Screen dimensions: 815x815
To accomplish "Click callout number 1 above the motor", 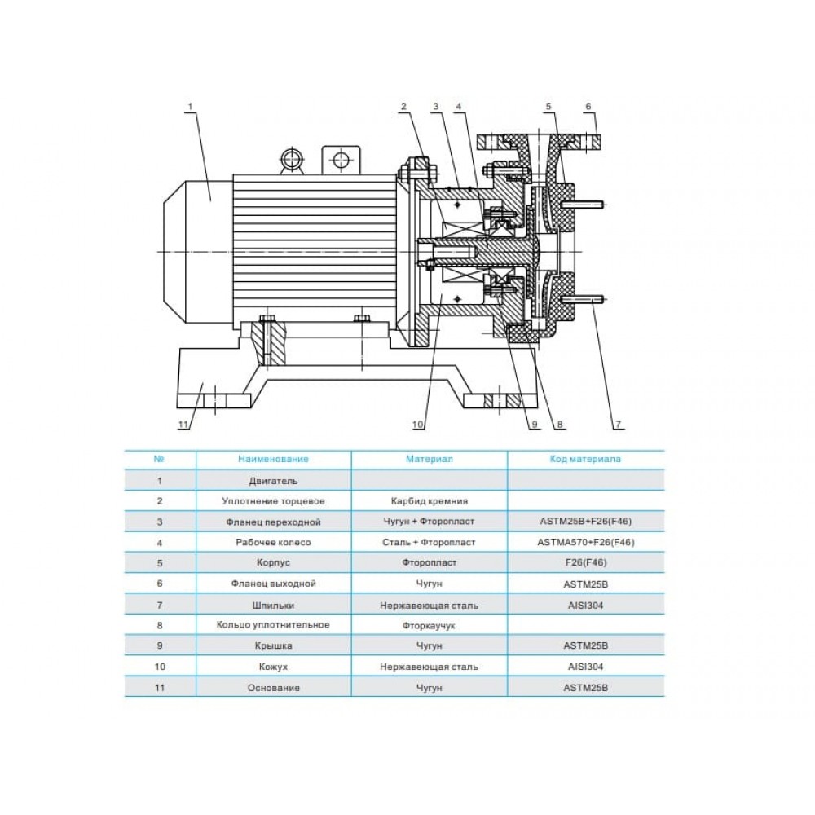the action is coord(190,107).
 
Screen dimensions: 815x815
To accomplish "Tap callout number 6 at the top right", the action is coord(588,107).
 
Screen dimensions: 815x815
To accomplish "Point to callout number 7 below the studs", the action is coord(619,424).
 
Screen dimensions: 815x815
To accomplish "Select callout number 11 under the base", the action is coord(183,424).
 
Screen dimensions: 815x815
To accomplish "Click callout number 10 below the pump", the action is coord(418,424).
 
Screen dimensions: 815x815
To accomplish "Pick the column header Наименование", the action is coord(273,459).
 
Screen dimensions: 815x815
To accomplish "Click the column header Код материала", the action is coord(585,459).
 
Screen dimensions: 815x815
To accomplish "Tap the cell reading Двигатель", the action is coord(273,481).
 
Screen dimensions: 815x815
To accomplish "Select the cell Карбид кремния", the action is coord(430,501).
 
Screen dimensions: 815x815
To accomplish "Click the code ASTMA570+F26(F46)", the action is coord(586,542).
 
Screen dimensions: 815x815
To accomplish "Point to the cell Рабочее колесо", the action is coord(273,542).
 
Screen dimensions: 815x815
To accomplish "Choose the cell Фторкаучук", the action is coord(429,625).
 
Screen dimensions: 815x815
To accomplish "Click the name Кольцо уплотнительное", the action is coord(273,625).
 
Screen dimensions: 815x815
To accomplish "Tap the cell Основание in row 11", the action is coord(273,688).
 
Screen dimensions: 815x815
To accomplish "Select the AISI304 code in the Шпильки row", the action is coord(586,605).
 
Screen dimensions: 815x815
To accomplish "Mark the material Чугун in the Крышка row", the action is coord(430,646).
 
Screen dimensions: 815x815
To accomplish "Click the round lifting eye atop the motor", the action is coord(291,159).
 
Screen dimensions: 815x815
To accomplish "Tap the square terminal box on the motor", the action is coord(341,159).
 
